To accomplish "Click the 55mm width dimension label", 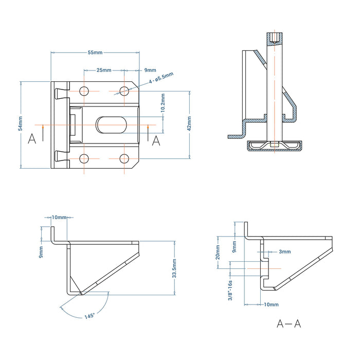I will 95,52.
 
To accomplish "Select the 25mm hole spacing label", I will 103,70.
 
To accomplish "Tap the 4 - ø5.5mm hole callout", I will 161,78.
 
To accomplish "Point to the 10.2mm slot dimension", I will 163,103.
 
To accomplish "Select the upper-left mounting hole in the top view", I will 84,91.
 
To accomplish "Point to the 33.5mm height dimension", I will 175,268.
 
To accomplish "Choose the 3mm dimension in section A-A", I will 284,252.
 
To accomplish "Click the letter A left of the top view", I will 32,139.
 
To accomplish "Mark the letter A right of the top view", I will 156,139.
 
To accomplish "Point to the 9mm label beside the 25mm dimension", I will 150,70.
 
